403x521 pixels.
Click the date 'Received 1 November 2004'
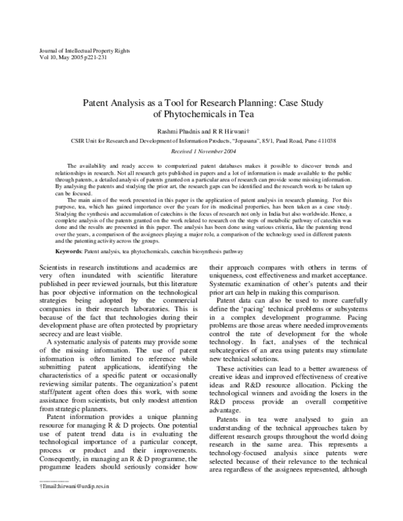pos(204,152)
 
